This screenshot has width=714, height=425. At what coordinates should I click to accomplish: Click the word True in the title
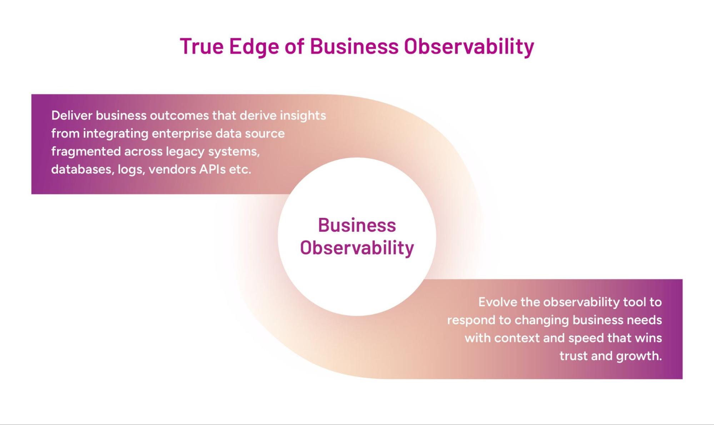[202, 46]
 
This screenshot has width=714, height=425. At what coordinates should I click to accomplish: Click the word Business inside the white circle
[357, 225]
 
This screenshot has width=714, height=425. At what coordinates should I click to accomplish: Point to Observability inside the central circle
[357, 248]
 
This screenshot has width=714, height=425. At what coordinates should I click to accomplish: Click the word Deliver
[71, 115]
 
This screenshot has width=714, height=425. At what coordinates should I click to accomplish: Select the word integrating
[116, 134]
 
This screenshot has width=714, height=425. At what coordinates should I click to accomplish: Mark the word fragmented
[86, 152]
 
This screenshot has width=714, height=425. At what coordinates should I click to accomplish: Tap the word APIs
[213, 169]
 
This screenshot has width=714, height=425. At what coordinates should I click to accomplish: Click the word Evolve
[498, 302]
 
